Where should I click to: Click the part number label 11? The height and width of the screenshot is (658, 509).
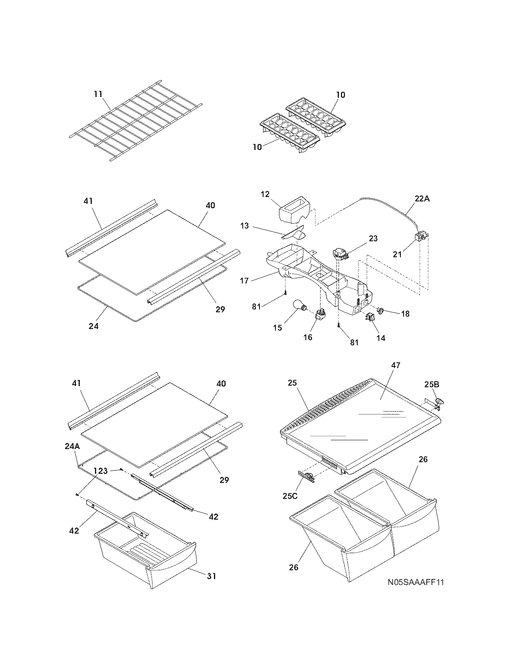click(98, 94)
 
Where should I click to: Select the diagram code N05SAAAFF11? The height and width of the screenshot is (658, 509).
click(416, 583)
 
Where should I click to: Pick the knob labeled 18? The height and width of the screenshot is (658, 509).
click(380, 310)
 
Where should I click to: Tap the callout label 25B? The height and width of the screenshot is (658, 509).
click(432, 385)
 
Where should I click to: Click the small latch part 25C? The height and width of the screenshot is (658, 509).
click(306, 476)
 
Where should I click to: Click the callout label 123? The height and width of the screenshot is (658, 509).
click(101, 471)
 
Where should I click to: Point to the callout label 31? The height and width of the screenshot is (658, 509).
click(212, 576)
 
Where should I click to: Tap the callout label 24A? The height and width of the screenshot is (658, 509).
click(72, 447)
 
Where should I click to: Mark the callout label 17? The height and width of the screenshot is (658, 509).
click(244, 281)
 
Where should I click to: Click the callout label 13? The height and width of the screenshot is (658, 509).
click(245, 226)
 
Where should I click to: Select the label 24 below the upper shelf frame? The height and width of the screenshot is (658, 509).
click(93, 326)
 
